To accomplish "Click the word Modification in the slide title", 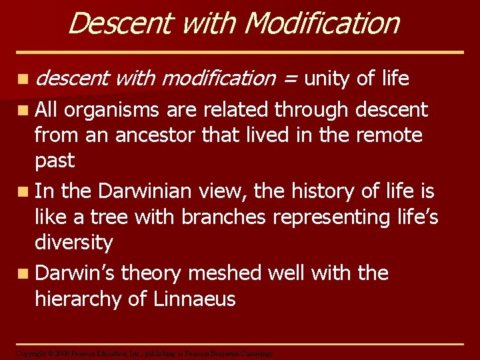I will (x=322, y=23).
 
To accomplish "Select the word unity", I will (x=327, y=79).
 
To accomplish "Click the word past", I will (x=55, y=161).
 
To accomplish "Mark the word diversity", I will (x=74, y=242).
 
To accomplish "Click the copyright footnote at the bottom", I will (x=144, y=353).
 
